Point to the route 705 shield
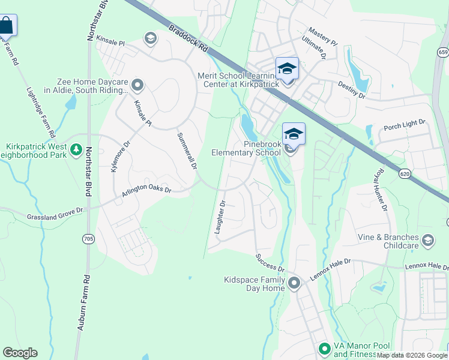(x=88, y=239)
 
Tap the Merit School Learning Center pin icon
(x=287, y=68)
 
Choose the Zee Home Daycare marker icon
(x=137, y=86)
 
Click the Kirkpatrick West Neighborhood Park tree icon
(x=76, y=149)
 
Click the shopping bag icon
(x=7, y=26)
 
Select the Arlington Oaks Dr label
(x=146, y=193)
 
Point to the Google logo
(x=20, y=353)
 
